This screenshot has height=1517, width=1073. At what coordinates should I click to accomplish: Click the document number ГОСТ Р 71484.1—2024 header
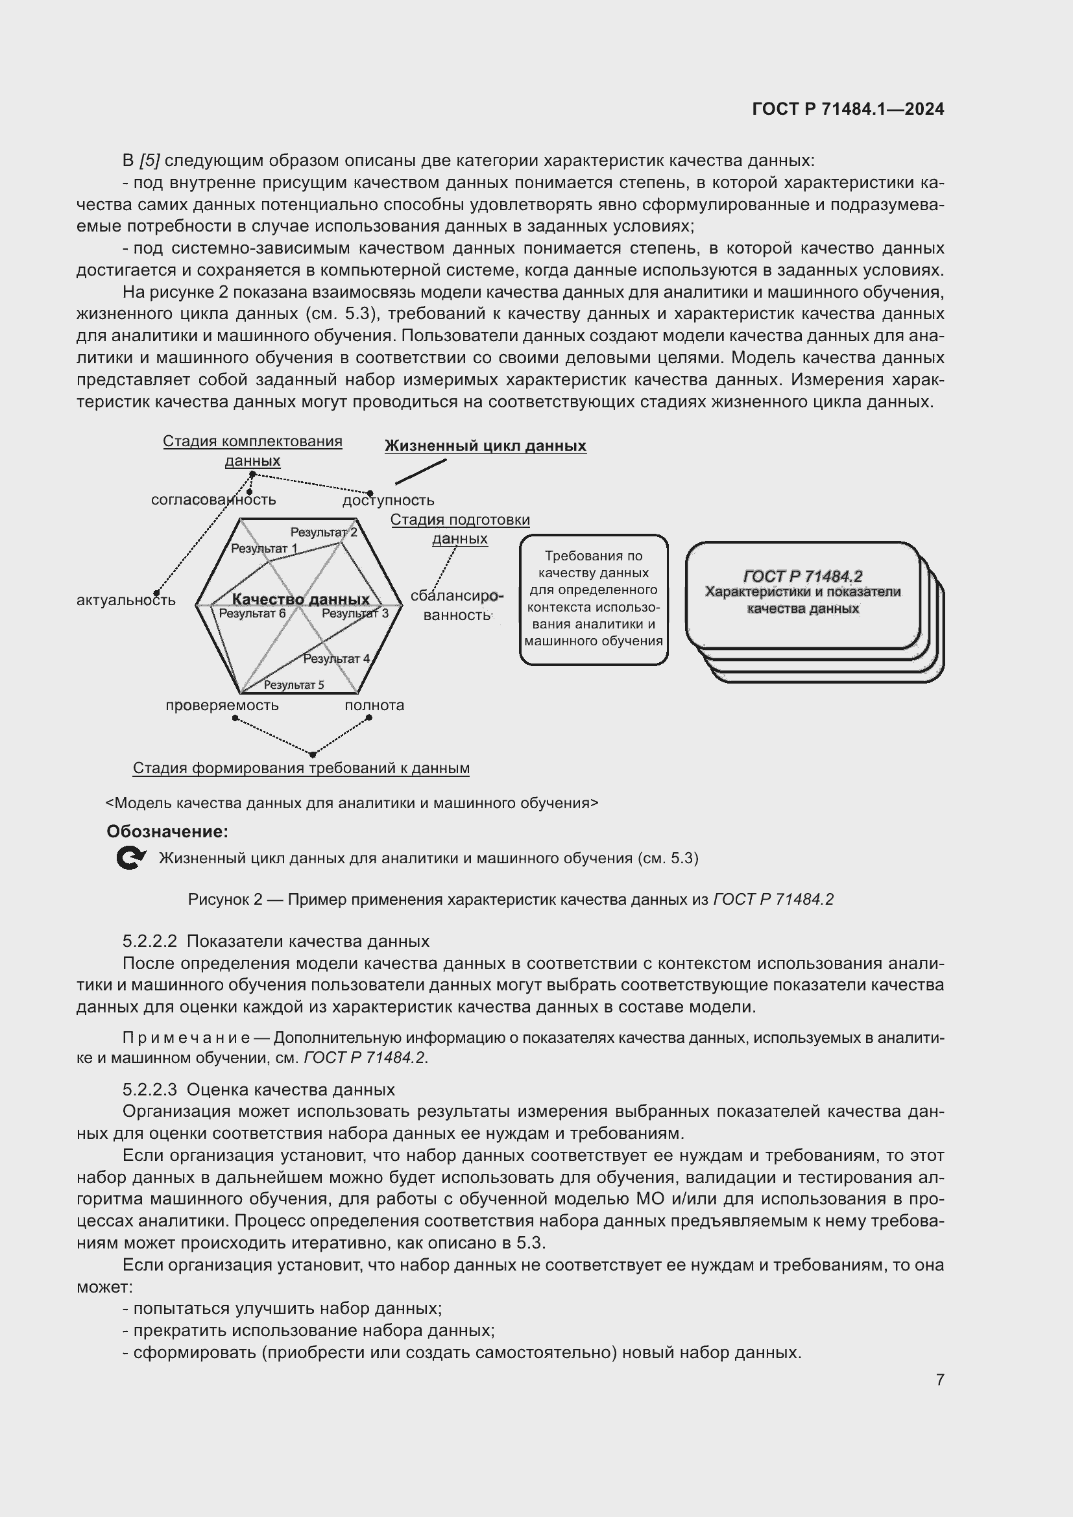click(848, 109)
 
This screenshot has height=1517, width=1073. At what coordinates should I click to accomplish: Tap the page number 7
click(939, 1379)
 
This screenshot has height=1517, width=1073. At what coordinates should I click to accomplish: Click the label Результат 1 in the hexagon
click(263, 549)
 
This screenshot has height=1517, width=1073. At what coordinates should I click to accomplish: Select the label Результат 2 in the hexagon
click(323, 532)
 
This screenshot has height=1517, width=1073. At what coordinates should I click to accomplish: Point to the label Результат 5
click(293, 684)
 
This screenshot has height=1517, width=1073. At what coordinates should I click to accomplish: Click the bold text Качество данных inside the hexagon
click(300, 599)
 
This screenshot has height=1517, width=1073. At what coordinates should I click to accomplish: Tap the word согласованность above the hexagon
click(213, 500)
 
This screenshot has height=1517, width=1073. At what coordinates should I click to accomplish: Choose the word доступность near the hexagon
click(388, 501)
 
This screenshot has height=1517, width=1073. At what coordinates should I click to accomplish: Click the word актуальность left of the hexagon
click(126, 601)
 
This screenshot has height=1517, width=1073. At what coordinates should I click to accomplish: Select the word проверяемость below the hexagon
click(222, 705)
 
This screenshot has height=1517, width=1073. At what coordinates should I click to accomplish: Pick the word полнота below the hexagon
click(374, 705)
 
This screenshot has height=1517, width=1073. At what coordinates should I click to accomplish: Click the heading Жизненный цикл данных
click(485, 446)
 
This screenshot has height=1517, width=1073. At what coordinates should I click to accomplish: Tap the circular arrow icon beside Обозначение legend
click(130, 858)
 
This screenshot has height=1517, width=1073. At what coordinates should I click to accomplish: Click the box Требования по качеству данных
click(594, 599)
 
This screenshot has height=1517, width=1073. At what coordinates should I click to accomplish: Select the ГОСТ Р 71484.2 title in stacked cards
click(802, 576)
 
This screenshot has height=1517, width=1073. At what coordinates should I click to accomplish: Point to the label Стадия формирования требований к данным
click(300, 768)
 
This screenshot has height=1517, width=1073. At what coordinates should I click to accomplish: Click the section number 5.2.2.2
click(149, 941)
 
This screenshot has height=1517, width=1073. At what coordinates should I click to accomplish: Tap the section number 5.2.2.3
click(149, 1090)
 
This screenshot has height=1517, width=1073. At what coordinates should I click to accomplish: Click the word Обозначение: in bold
click(167, 831)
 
